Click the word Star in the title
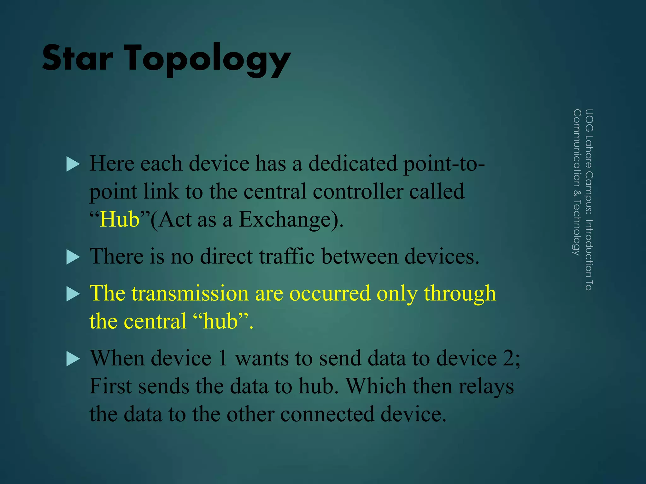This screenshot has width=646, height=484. point(78,58)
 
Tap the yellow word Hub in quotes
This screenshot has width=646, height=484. point(119,219)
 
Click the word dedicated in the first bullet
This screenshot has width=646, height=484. point(353,164)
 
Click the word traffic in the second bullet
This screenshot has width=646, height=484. point(287,256)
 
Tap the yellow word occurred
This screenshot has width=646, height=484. point(330,293)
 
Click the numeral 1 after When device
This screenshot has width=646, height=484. point(223,358)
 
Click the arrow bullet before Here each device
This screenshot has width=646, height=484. point(73,164)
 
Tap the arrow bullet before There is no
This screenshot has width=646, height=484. point(73,257)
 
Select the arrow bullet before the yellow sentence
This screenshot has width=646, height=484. point(73,294)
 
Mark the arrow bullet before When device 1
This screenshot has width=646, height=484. point(73,359)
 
